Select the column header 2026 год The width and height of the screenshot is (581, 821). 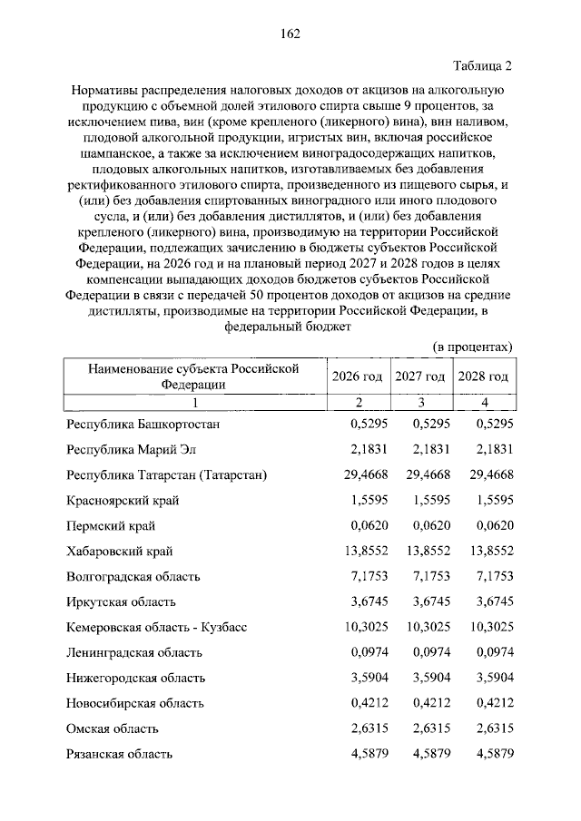click(x=358, y=376)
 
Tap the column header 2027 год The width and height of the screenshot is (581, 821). click(x=419, y=376)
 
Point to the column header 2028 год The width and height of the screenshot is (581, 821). click(x=482, y=376)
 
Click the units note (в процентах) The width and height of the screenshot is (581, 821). click(x=472, y=347)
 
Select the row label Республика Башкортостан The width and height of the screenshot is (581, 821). click(x=143, y=424)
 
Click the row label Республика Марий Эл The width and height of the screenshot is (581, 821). click(x=131, y=449)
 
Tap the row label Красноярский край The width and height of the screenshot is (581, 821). click(x=123, y=500)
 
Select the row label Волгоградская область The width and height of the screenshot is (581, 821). click(x=133, y=576)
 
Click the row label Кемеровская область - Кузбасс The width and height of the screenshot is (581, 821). click(x=157, y=627)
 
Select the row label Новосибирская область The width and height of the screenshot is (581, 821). click(x=135, y=703)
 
